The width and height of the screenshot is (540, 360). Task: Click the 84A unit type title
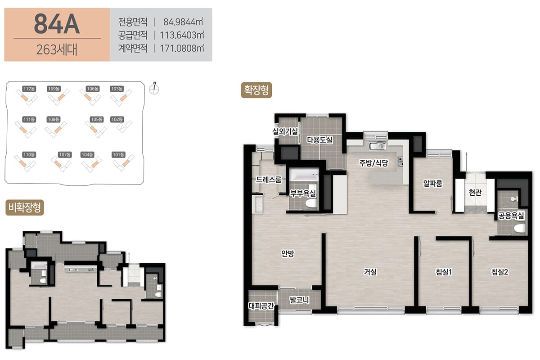click(x=57, y=24)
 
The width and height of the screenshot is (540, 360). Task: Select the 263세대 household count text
click(x=57, y=49)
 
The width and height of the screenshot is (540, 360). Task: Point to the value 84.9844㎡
click(x=183, y=22)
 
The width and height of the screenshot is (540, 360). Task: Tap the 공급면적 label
click(x=133, y=35)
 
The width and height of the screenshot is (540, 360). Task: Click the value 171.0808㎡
click(x=182, y=48)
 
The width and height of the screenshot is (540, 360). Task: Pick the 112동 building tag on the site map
click(x=29, y=89)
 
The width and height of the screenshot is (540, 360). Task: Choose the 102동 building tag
click(x=117, y=119)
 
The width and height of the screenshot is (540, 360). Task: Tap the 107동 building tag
click(x=65, y=154)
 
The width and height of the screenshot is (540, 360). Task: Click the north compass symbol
click(x=154, y=89)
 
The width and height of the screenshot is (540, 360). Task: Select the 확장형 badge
click(x=256, y=90)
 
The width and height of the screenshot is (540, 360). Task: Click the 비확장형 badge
click(x=25, y=207)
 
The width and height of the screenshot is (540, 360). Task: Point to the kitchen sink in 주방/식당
click(x=378, y=146)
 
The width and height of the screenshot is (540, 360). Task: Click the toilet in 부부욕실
click(x=311, y=203)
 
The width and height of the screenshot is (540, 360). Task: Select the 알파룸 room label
click(x=433, y=184)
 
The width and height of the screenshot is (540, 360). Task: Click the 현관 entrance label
click(x=475, y=193)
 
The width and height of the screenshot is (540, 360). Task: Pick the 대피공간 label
click(x=261, y=306)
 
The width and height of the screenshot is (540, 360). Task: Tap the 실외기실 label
click(x=285, y=131)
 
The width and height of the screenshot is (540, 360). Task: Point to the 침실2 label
click(x=500, y=272)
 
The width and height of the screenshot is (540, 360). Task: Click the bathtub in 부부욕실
click(x=304, y=174)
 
